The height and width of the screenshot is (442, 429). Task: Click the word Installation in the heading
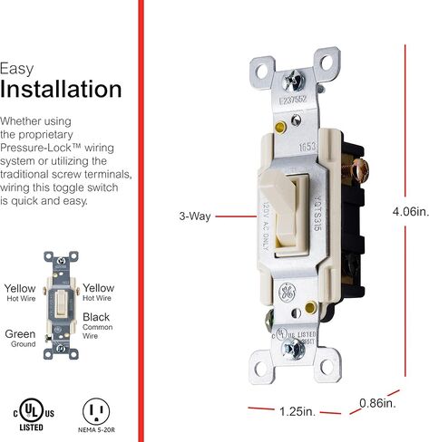(x=61, y=90)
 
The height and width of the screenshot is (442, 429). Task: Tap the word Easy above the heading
(x=17, y=68)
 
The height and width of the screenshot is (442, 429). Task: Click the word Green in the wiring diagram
(x=20, y=333)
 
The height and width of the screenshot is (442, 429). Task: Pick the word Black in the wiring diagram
(x=96, y=317)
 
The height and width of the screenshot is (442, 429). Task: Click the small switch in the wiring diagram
(x=59, y=304)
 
